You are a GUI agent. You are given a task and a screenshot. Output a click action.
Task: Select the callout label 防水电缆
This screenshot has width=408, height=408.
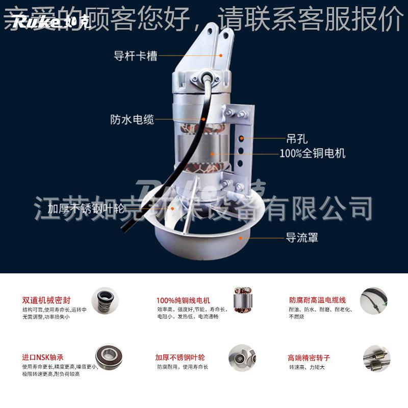132,119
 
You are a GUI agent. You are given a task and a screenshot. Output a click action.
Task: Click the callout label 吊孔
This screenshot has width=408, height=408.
296,137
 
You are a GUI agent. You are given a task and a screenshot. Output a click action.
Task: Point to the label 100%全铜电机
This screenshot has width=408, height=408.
312,152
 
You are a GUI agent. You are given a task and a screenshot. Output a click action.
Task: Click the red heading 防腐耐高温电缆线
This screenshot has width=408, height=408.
317,300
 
